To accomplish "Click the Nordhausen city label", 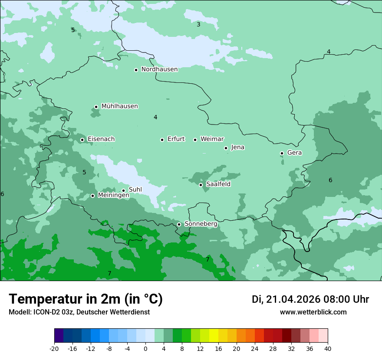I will click(159, 69).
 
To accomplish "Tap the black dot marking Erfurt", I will click(162, 140).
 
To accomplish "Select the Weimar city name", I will click(212, 139).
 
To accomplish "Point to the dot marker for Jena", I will click(226, 148).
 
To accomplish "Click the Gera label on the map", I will click(294, 153).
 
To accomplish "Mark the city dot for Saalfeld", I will click(201, 185).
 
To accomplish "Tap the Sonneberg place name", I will click(201, 224).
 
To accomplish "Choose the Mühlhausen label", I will click(119, 106).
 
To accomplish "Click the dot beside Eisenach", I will click(82, 140).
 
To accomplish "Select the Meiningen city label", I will click(113, 196).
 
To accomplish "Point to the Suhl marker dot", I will click(123, 190).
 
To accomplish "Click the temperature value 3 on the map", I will click(198, 24).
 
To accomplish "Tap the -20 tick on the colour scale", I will click(54, 348).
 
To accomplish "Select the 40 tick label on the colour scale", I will click(327, 348).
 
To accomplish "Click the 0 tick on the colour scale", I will click(145, 348).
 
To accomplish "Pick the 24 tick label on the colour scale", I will click(254, 348).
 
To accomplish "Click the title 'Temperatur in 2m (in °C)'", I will click(86, 299).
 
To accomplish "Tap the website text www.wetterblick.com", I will click(313, 312).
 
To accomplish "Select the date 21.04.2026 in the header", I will click(293, 299).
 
